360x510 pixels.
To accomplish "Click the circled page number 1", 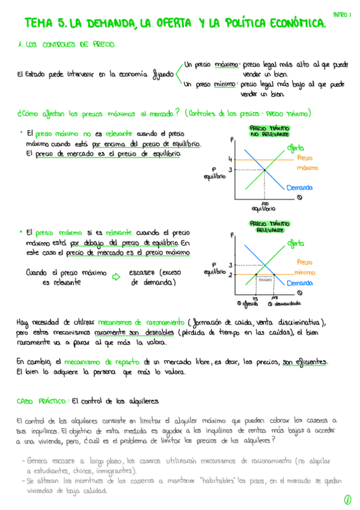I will point(347,499).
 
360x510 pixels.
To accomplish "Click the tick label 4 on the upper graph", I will point(229,159).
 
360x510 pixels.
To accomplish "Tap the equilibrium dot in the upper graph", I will point(264,170).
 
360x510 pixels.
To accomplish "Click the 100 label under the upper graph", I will point(264,203).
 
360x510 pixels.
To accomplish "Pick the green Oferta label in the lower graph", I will point(295,243).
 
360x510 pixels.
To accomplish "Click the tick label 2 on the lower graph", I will point(230,275).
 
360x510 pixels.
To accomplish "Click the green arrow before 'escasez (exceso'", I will point(117,276).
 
